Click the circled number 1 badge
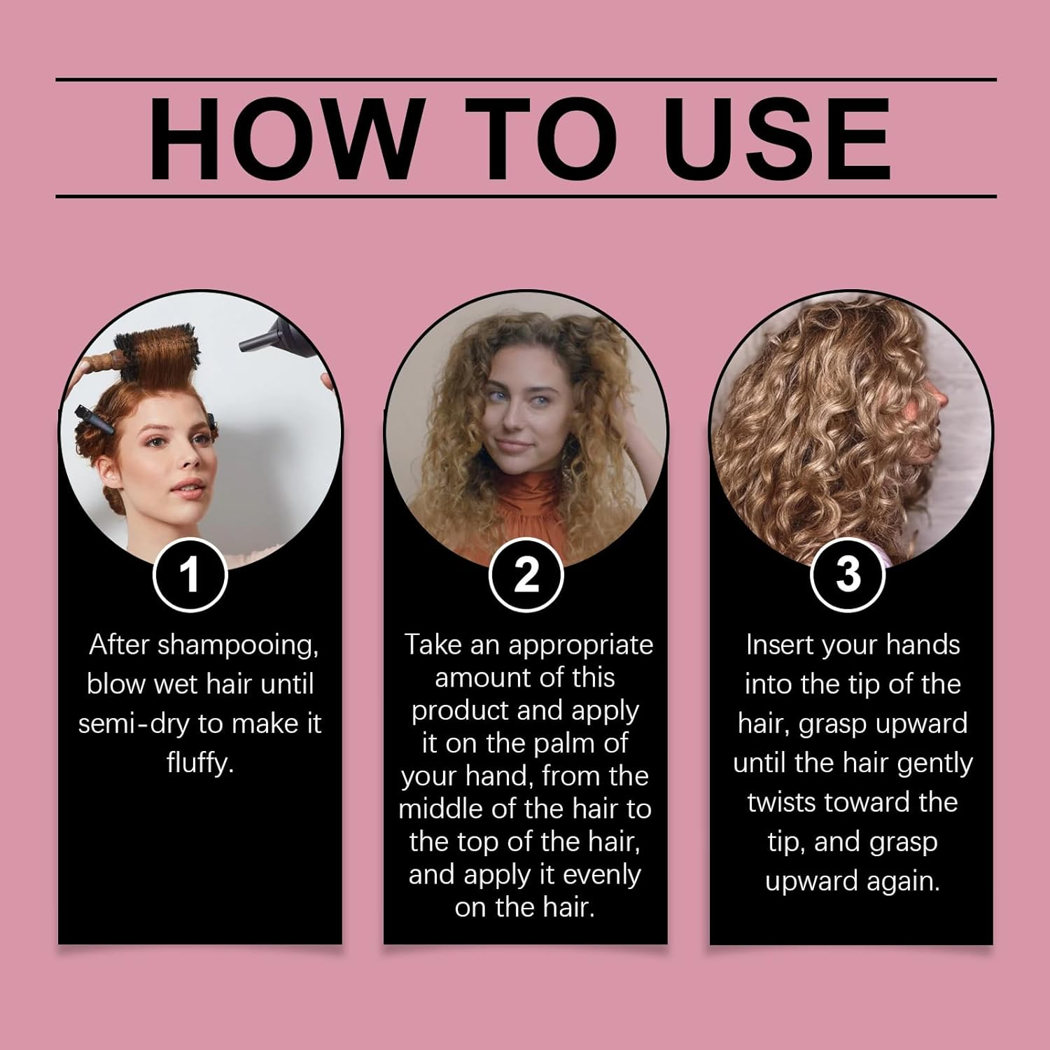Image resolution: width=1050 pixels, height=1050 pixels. coord(190,575)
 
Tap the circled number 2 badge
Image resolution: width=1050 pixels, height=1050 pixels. coord(526,575)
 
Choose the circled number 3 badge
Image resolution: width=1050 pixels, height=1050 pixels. coord(848,575)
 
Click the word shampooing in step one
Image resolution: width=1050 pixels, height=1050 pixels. coord(238,645)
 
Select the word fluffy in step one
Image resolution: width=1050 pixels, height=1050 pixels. coord(199,762)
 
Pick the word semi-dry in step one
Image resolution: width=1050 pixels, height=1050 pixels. coord(134,724)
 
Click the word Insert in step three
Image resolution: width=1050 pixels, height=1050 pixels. coord(779,645)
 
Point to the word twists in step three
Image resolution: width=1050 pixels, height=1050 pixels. coord(783,802)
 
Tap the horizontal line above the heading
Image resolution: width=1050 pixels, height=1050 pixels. coord(525,80)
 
